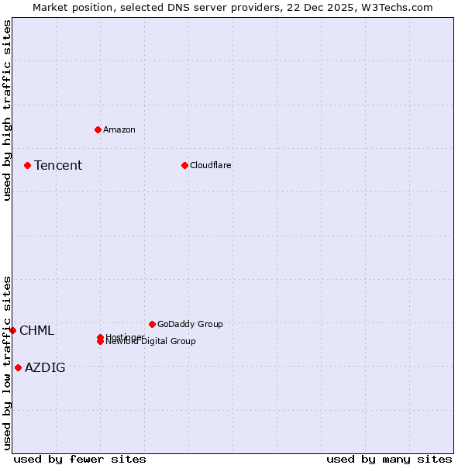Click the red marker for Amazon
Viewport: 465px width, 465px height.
click(98, 129)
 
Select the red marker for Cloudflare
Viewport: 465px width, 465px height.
click(184, 165)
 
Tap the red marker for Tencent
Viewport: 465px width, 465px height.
click(27, 165)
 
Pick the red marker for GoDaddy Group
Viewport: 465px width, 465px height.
click(152, 324)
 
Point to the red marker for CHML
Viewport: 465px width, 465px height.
click(12, 330)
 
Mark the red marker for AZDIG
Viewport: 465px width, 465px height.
click(18, 367)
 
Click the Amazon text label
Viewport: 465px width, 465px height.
click(119, 129)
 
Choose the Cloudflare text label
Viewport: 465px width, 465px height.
click(210, 165)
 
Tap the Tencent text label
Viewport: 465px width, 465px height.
click(58, 165)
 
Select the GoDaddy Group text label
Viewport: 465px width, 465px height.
click(190, 324)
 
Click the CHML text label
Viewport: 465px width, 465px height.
click(36, 331)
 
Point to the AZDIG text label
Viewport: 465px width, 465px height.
click(45, 368)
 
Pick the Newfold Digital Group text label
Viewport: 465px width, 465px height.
click(151, 342)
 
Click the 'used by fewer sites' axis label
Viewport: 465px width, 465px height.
click(80, 459)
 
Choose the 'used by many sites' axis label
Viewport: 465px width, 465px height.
click(389, 459)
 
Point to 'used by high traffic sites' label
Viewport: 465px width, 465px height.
click(7, 110)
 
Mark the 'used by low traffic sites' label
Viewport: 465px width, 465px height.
click(7, 362)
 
